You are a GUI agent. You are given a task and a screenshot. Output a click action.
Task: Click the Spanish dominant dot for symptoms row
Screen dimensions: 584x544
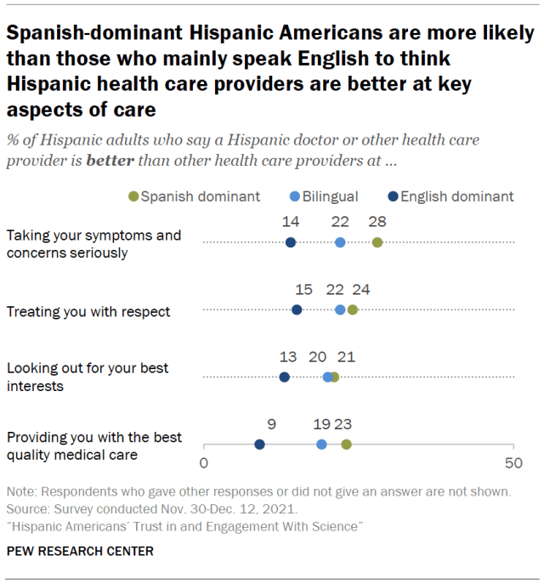point(377,242)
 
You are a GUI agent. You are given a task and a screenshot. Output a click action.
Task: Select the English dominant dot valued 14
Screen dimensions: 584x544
point(291,242)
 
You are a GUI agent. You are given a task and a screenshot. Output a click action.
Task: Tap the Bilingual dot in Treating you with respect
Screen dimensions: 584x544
point(340,309)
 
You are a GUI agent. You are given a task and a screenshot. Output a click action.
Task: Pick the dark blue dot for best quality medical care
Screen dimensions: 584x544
point(259,444)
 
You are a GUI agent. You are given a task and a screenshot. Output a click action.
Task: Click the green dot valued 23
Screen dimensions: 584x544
point(346,444)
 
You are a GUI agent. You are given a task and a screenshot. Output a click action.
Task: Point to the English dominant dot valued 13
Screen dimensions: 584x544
point(284,377)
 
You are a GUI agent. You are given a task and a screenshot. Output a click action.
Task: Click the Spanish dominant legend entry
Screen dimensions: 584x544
point(195,196)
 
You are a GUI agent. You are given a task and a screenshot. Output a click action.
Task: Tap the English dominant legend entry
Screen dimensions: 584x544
point(450,196)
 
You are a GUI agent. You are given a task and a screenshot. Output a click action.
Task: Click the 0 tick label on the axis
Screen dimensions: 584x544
point(204,463)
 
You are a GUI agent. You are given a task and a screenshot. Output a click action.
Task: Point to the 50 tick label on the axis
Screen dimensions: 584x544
point(513,463)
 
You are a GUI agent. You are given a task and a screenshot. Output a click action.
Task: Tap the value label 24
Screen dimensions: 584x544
point(360,289)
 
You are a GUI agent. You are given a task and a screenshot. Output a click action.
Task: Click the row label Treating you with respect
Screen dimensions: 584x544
point(88,311)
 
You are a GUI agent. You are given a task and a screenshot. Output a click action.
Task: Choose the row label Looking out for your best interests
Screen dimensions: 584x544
point(88,377)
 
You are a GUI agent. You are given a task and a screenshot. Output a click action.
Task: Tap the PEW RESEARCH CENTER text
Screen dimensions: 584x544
point(80,551)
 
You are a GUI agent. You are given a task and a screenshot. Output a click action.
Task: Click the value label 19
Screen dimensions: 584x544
point(321,423)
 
